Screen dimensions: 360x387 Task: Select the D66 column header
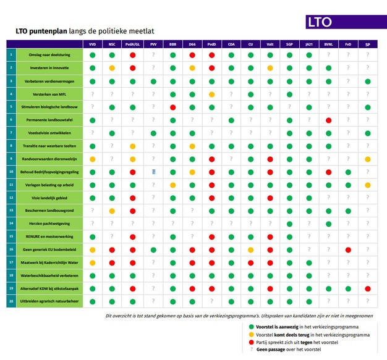point(192,44)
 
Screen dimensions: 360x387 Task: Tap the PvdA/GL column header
point(132,44)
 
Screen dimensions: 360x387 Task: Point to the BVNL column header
point(328,44)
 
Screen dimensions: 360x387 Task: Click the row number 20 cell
point(11,301)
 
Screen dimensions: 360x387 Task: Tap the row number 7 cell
point(11,133)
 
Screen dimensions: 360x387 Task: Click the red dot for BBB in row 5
point(173,107)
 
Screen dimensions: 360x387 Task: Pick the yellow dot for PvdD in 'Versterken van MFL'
point(211,94)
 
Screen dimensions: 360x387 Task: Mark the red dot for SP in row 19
point(368,288)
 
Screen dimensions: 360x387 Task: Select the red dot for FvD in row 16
point(348,249)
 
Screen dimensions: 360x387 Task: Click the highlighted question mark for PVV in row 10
point(153,172)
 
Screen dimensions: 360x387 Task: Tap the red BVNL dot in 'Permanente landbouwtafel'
point(328,120)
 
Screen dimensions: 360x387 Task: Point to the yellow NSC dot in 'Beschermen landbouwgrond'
point(112,211)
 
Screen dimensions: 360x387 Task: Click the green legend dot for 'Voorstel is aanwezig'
point(250,326)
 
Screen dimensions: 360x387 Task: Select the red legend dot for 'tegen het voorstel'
point(250,341)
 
